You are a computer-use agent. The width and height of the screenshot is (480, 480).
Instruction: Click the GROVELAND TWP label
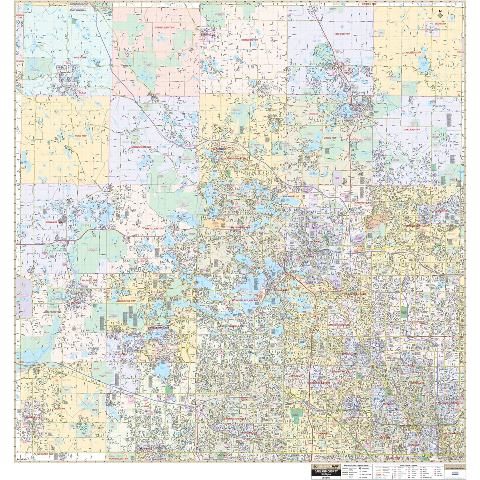[x=165, y=27]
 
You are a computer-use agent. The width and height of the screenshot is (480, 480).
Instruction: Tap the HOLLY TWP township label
[x=80, y=58]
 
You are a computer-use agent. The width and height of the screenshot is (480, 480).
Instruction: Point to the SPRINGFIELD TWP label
[x=141, y=147]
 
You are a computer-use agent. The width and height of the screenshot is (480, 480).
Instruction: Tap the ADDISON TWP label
[x=413, y=52]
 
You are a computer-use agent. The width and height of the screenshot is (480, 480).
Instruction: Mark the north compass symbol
[x=440, y=14]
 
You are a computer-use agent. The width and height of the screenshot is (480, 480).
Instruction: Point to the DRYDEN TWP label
[x=369, y=4]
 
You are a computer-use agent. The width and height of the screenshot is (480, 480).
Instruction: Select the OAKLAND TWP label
[x=412, y=130]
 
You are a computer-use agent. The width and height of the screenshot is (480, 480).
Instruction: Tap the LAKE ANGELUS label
[x=290, y=196]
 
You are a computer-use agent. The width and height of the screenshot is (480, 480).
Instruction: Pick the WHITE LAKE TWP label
[x=154, y=228]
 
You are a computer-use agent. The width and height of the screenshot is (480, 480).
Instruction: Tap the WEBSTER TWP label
[x=45, y=455]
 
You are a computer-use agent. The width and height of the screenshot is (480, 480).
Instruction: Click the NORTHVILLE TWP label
[x=119, y=458]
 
